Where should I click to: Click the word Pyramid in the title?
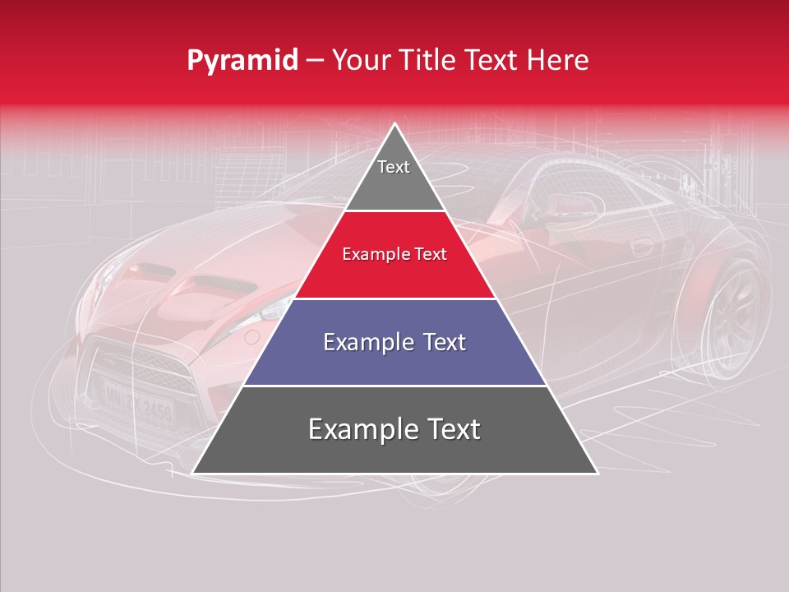pyautogui.click(x=242, y=61)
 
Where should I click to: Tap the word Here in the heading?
pyautogui.click(x=559, y=60)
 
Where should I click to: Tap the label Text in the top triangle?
pyautogui.click(x=394, y=167)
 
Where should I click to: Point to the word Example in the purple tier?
pyautogui.click(x=362, y=342)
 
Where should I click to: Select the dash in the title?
pyautogui.click(x=315, y=61)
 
